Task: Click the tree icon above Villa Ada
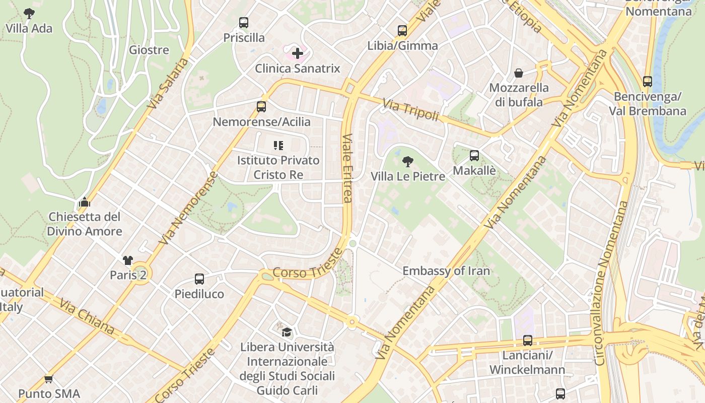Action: tap(29, 13)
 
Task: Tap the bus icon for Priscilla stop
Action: tap(244, 22)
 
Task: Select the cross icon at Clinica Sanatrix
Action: tap(298, 53)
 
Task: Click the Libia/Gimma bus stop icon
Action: tap(402, 30)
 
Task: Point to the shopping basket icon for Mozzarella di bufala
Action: tap(519, 73)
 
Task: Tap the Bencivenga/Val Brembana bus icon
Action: tap(648, 81)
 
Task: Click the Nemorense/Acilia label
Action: tap(261, 122)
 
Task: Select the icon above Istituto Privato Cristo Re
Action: tap(278, 146)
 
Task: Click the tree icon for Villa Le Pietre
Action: tap(408, 162)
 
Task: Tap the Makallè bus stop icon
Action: tap(474, 156)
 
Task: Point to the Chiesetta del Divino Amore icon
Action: tap(84, 203)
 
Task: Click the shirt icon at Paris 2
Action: tap(128, 260)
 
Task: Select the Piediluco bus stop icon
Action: tap(199, 279)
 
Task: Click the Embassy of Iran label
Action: tap(446, 271)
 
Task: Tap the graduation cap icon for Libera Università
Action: tap(287, 331)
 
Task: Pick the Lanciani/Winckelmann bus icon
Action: tap(527, 341)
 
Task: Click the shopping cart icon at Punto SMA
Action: tap(49, 379)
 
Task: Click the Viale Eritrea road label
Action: tap(347, 168)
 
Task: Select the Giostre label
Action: tap(149, 50)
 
